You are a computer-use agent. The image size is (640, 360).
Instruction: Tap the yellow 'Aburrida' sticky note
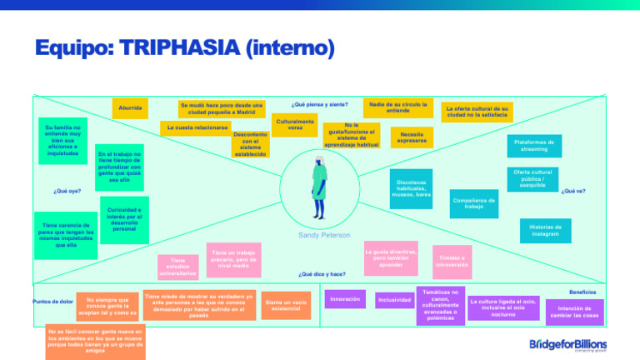point(129,108)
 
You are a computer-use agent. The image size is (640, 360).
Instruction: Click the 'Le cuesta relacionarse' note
point(197,128)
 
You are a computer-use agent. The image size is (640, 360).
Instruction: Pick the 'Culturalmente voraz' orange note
point(295,125)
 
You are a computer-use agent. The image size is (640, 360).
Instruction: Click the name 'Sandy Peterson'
point(325,236)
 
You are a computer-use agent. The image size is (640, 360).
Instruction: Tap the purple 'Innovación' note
point(345,298)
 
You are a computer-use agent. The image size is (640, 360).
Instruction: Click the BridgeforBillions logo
point(567,344)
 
